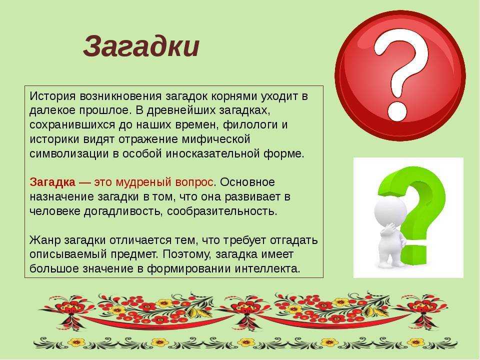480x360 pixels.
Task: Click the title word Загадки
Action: click(141, 47)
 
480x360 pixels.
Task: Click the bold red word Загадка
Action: click(52, 182)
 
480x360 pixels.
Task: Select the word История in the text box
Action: click(52, 96)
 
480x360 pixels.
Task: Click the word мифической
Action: click(216, 139)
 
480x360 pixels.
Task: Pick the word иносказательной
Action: click(213, 153)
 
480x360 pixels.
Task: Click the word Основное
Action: click(247, 182)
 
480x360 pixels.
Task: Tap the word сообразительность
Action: click(222, 211)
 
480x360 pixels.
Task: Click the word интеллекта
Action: click(267, 269)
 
